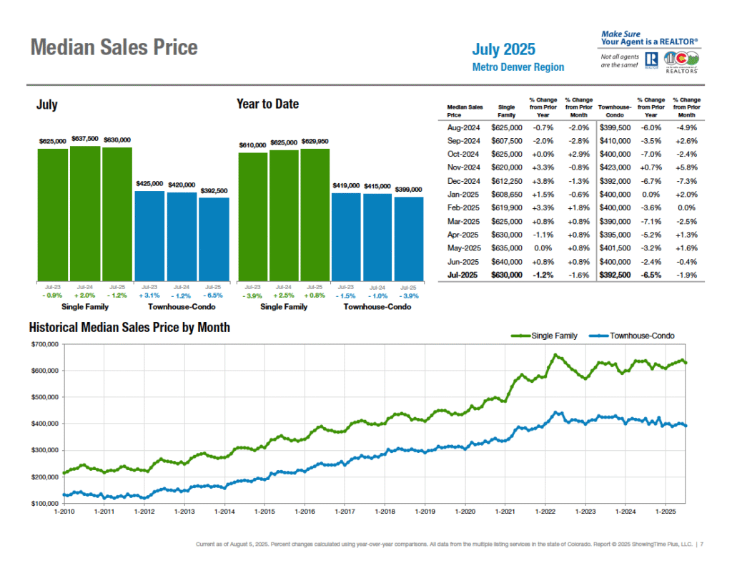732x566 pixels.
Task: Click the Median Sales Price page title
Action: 114,48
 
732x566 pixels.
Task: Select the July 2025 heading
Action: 503,49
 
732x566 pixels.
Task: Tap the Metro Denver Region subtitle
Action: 518,67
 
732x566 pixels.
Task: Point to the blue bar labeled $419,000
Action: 346,236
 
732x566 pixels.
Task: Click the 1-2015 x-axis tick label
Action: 264,512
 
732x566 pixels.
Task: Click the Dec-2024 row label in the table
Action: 465,181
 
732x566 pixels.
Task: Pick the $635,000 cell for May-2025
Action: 505,248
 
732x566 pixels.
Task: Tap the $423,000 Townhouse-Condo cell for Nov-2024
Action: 615,167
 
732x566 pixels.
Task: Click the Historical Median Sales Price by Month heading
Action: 129,327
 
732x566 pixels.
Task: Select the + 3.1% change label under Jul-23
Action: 149,296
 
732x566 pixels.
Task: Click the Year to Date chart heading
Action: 267,104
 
